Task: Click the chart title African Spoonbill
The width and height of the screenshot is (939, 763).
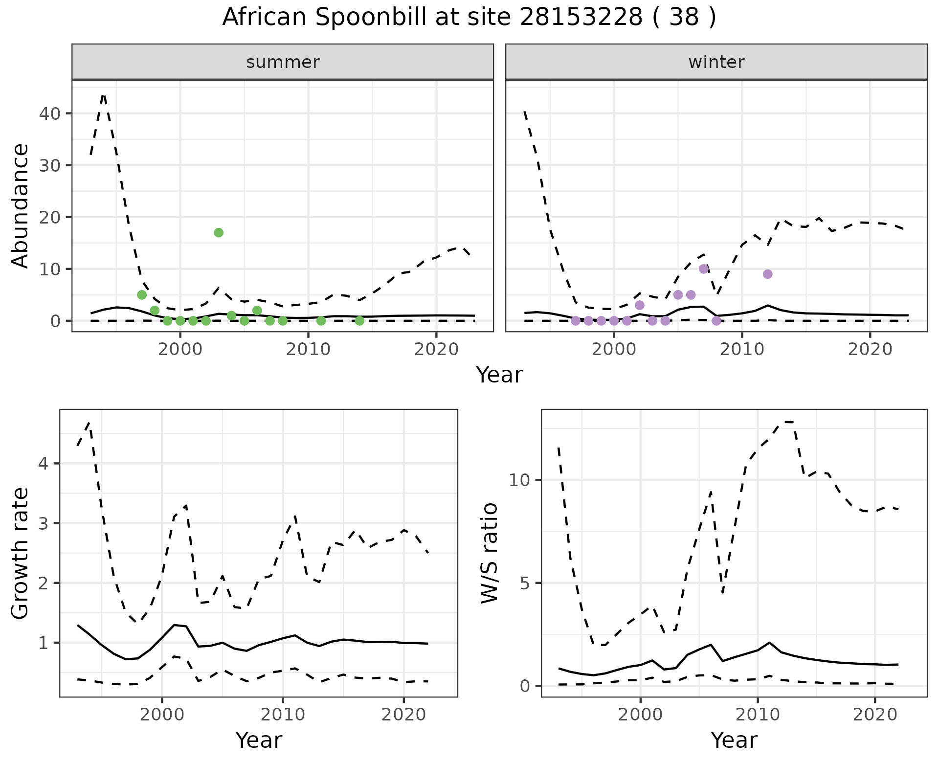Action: (469, 18)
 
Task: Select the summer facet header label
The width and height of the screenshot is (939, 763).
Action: (283, 62)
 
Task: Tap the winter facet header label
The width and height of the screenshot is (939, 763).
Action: (716, 62)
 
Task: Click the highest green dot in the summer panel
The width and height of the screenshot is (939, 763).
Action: (219, 232)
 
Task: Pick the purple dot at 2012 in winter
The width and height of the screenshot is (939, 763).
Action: (767, 274)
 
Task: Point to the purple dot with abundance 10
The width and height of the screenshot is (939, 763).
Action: (704, 269)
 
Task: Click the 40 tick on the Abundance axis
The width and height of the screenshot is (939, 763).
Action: (50, 113)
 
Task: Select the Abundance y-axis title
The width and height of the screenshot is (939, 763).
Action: (21, 205)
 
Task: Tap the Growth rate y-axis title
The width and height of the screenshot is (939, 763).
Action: (21, 554)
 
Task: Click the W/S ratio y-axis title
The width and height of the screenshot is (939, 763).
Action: (489, 554)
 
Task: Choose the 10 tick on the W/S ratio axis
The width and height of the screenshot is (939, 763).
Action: (519, 480)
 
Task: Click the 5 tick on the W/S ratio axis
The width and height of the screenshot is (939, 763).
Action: (525, 583)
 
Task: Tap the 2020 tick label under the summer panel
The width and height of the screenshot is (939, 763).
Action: (436, 349)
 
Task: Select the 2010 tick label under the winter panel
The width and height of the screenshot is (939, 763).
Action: (742, 349)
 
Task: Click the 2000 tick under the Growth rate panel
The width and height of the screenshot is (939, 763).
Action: (162, 715)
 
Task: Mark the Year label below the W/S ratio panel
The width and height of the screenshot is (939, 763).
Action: (734, 740)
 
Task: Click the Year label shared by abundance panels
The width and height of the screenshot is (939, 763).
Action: (499, 375)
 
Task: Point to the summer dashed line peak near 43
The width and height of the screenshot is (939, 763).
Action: (103, 95)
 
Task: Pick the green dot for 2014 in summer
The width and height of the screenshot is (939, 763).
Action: (359, 321)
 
